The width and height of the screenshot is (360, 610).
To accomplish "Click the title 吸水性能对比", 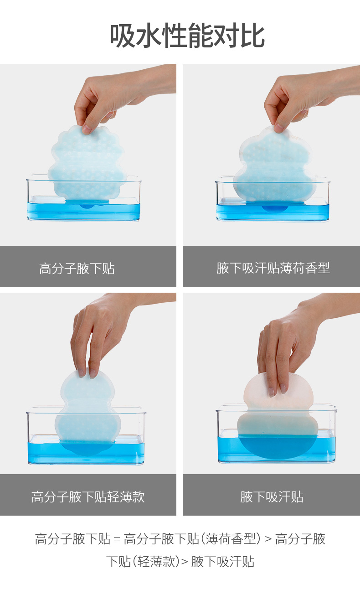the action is pos(187,36).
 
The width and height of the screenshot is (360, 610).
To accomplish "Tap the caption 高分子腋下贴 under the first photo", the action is pos(77,269).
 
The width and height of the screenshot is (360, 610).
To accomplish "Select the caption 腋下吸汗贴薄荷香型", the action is pos(273,268).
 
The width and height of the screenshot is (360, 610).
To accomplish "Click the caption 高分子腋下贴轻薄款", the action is pos(88,497).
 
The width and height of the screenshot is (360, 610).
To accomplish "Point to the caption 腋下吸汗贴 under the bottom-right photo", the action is pos(272,497).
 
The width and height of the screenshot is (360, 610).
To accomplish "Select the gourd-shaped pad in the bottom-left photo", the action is pos(87,411).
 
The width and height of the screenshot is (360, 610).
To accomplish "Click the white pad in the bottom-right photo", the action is pos(278,414).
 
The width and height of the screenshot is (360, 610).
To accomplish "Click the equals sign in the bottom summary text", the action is pos(117,539).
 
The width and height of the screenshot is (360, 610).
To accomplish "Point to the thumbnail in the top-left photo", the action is pos(87,129).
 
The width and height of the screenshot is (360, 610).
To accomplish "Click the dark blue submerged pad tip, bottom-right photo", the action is pos(278,447).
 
